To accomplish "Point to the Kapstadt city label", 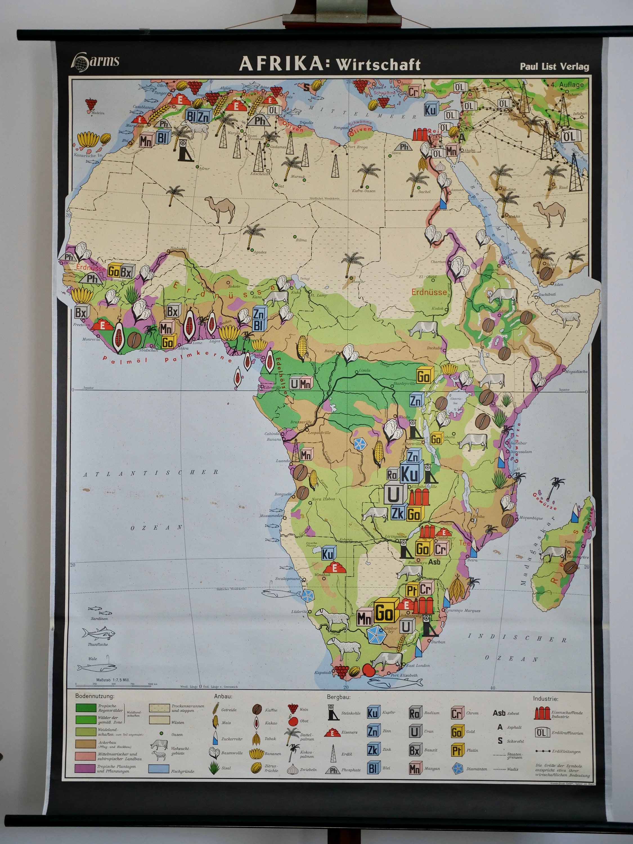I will pos(323,672).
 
